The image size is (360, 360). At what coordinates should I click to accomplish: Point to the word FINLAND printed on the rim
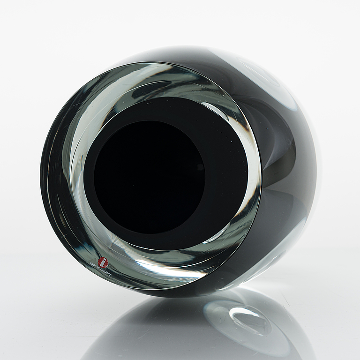(105, 272)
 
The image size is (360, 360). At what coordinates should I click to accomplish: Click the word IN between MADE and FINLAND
(98, 269)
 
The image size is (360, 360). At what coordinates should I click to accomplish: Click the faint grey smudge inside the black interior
(201, 167)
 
